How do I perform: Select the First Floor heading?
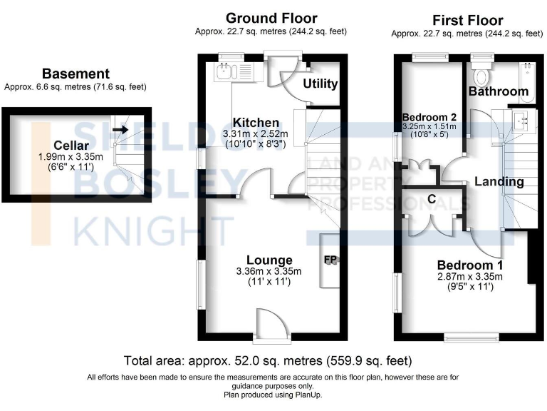[x=467, y=20]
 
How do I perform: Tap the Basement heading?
[x=75, y=73]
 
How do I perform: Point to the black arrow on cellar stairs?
[x=120, y=130]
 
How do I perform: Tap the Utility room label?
[x=321, y=83]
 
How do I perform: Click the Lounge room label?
[x=269, y=260]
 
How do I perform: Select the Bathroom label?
[x=499, y=91]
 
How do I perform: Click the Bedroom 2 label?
[x=429, y=118]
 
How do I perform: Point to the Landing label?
[x=499, y=182]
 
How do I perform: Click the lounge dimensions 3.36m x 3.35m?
[x=269, y=271]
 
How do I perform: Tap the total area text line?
[x=268, y=360]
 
